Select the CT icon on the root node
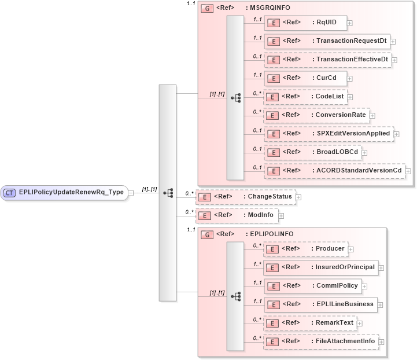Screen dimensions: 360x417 (x=10, y=192)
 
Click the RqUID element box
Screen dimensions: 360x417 (x=305, y=23)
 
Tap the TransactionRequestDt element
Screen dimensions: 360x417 (x=327, y=41)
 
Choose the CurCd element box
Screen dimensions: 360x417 (x=305, y=78)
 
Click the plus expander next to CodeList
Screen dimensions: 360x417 (x=350, y=97)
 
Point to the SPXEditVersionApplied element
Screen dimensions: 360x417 (x=328, y=134)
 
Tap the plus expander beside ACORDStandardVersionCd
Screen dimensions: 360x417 (x=408, y=171)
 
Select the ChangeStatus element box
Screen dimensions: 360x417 (x=245, y=197)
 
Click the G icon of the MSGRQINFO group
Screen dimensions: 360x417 (x=206, y=9)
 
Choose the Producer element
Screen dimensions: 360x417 (x=305, y=249)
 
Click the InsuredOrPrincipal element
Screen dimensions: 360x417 (x=321, y=267)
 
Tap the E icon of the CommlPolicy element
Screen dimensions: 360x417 (x=273, y=286)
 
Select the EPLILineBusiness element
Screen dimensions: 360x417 (x=321, y=304)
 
